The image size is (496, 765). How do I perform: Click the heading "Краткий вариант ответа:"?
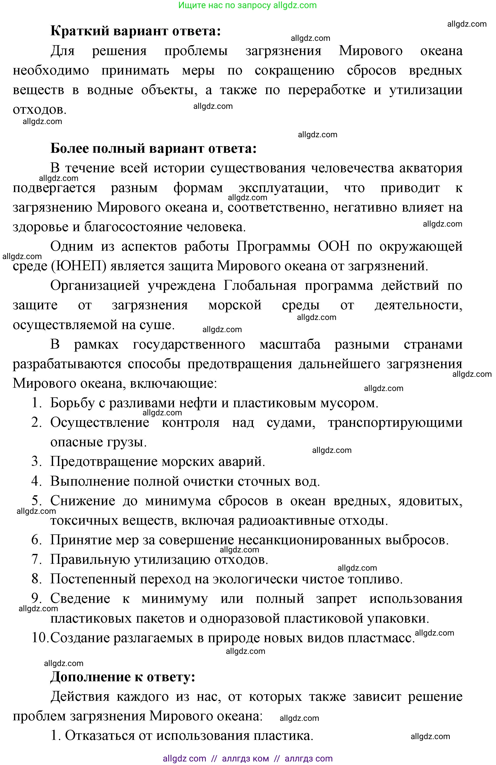click(136, 31)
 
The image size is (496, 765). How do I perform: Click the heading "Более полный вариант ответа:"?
click(153, 148)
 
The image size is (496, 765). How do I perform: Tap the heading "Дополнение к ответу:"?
click(123, 677)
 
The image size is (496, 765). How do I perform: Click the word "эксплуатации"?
click(283, 188)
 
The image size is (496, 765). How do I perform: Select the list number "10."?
click(40, 637)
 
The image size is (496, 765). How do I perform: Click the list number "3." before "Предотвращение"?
click(37, 462)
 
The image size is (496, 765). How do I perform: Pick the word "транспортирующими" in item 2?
click(395, 422)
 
